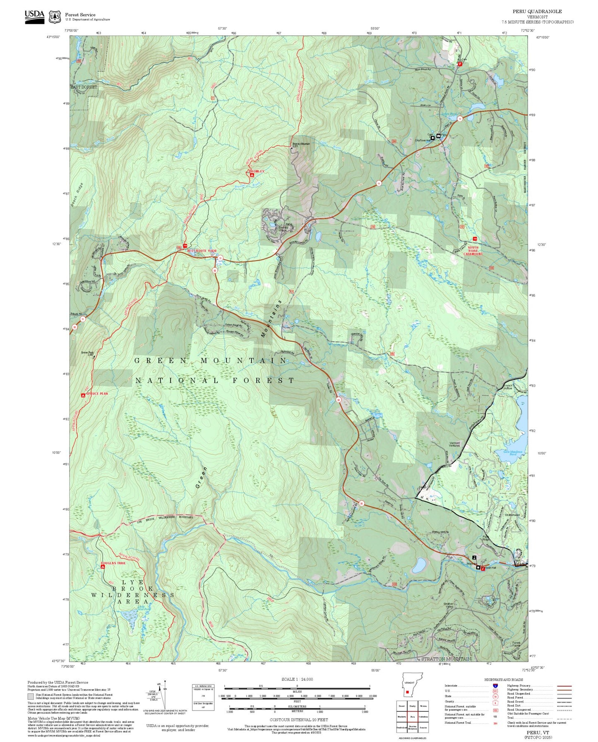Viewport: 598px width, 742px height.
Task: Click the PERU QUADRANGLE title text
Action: click(537, 12)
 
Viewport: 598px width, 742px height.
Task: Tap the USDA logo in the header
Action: click(34, 16)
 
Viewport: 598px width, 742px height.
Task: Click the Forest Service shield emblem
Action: click(55, 17)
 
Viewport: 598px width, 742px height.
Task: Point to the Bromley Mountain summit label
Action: click(301, 144)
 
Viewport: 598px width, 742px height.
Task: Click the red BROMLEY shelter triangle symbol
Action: click(252, 175)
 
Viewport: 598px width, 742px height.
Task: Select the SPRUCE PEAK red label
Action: click(97, 394)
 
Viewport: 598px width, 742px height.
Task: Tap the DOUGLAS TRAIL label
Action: click(113, 563)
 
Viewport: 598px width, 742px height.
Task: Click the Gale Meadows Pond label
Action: click(513, 453)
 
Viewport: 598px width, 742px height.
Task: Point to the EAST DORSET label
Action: click(84, 87)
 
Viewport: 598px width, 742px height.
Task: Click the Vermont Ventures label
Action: click(454, 444)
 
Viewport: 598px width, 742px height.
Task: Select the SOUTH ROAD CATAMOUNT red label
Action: click(473, 251)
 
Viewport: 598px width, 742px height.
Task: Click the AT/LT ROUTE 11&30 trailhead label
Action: click(202, 251)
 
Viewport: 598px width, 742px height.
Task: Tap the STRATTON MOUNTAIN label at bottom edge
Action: click(446, 659)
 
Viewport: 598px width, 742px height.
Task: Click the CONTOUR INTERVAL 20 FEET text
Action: click(298, 720)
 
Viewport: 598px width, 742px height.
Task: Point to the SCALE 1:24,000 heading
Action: click(297, 680)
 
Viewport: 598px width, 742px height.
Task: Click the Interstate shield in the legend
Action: click(495, 686)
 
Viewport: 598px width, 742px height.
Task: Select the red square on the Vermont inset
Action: click(407, 692)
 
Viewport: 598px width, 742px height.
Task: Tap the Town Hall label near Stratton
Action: click(490, 568)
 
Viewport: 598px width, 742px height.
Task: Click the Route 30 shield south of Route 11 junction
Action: click(214, 270)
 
